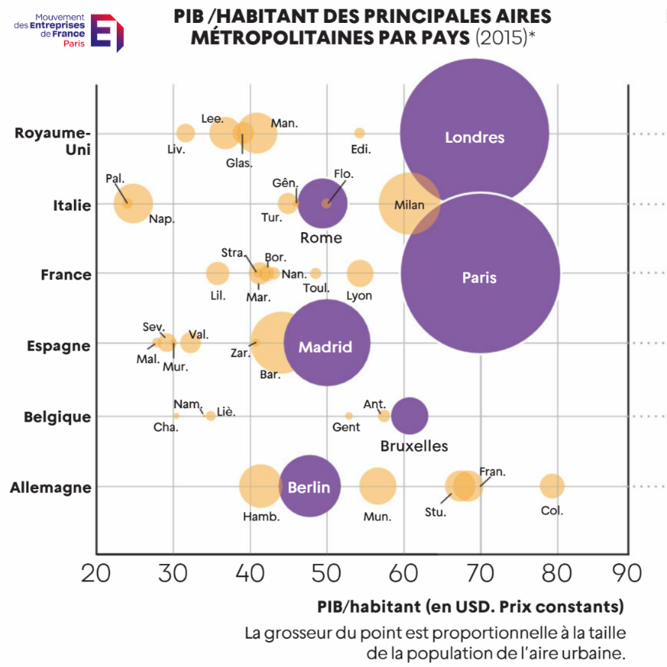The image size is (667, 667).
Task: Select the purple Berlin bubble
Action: pos(309,486)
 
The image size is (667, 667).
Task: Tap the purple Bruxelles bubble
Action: pos(409,416)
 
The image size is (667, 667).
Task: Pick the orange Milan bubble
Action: pos(409,204)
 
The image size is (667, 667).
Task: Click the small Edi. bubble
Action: pos(359,133)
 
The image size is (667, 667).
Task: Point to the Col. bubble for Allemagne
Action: pos(552,485)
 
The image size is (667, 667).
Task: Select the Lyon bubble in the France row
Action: pos(359,273)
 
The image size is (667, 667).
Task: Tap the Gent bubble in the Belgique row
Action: pos(349,416)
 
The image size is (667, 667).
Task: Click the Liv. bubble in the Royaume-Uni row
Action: pos(185,133)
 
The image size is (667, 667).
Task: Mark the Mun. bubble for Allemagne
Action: pos(378,486)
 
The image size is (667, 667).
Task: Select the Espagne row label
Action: pos(59,346)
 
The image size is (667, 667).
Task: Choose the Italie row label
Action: pos(72,205)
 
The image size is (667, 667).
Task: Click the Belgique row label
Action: pos(58,417)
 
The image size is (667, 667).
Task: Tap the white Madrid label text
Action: pos(325,347)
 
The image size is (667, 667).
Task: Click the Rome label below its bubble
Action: pos(321,237)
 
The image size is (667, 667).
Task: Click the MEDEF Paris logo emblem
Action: pos(107,33)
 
